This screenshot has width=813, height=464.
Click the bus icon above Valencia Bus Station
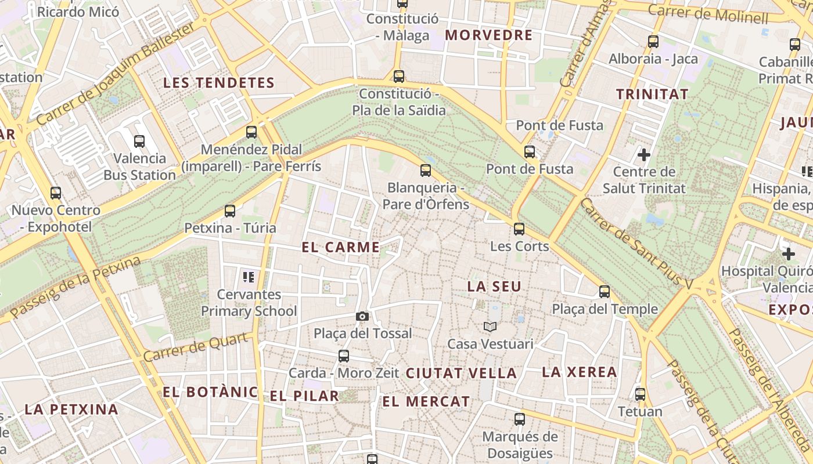(139, 141)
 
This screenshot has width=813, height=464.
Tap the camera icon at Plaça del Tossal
(362, 316)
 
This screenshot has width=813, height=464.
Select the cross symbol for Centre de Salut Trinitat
(643, 155)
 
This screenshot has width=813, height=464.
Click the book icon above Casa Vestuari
(490, 327)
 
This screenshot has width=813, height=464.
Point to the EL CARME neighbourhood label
(341, 247)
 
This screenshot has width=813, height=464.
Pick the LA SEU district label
(494, 287)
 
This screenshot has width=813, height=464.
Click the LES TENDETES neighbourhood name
(218, 83)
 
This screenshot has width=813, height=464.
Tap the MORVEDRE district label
(488, 35)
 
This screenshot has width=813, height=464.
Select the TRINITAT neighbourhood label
(652, 94)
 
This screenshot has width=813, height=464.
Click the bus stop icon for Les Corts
(519, 229)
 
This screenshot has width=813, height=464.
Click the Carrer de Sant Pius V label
(636, 244)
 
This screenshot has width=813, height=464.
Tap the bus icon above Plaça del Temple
(605, 292)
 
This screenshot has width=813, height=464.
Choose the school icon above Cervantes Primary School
(249, 277)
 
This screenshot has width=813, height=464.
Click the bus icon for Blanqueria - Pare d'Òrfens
(426, 171)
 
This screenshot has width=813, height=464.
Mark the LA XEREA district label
(579, 372)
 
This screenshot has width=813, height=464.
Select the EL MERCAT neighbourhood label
(426, 401)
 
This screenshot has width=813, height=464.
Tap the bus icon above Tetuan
(640, 394)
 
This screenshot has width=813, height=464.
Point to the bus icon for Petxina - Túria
(230, 211)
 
